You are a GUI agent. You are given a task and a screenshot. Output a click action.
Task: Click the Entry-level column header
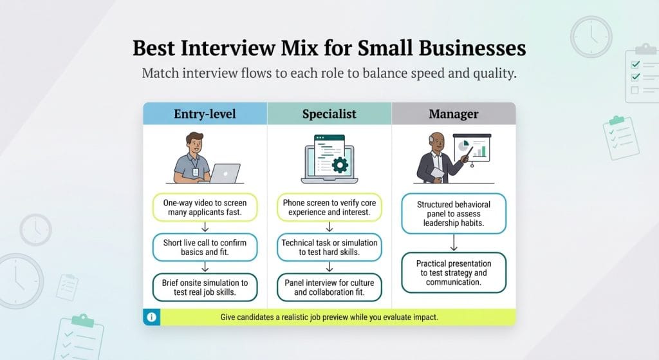click(205, 114)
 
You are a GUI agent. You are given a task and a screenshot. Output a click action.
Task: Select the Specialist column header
click(329, 114)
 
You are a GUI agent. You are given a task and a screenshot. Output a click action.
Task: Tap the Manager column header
click(454, 114)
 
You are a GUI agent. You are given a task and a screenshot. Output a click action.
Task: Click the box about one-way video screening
click(205, 207)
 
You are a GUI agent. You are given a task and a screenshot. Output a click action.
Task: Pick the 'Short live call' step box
click(205, 248)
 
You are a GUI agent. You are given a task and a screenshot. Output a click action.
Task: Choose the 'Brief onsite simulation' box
click(205, 287)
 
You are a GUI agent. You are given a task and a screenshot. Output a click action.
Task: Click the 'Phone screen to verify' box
click(329, 207)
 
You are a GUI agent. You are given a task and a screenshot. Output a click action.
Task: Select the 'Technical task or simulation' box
click(329, 248)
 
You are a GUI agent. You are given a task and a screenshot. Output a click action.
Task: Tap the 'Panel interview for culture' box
click(329, 287)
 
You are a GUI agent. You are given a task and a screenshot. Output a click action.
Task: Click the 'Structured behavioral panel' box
click(454, 213)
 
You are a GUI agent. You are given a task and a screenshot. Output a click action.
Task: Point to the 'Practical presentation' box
click(454, 272)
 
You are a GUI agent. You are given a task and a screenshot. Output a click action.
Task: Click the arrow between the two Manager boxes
click(454, 243)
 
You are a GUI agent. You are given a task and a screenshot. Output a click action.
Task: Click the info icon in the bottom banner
click(151, 317)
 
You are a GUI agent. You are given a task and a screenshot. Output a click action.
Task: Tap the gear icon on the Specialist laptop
click(339, 164)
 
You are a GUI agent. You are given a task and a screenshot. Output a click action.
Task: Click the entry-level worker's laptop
click(225, 173)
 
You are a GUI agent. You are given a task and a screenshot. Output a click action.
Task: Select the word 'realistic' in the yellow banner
click(310, 317)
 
